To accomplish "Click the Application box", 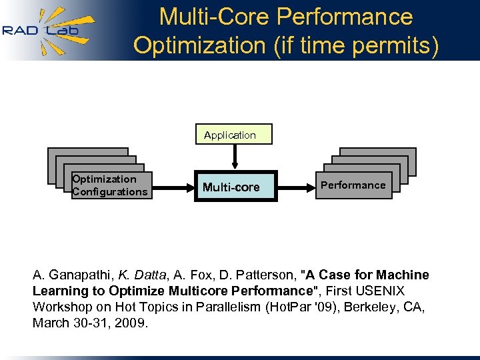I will coord(230,135).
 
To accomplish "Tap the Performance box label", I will coord(353,185).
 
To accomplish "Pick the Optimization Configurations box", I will coord(111,185).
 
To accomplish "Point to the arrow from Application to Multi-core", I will coord(234,157).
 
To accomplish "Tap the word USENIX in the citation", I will coord(381,291).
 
